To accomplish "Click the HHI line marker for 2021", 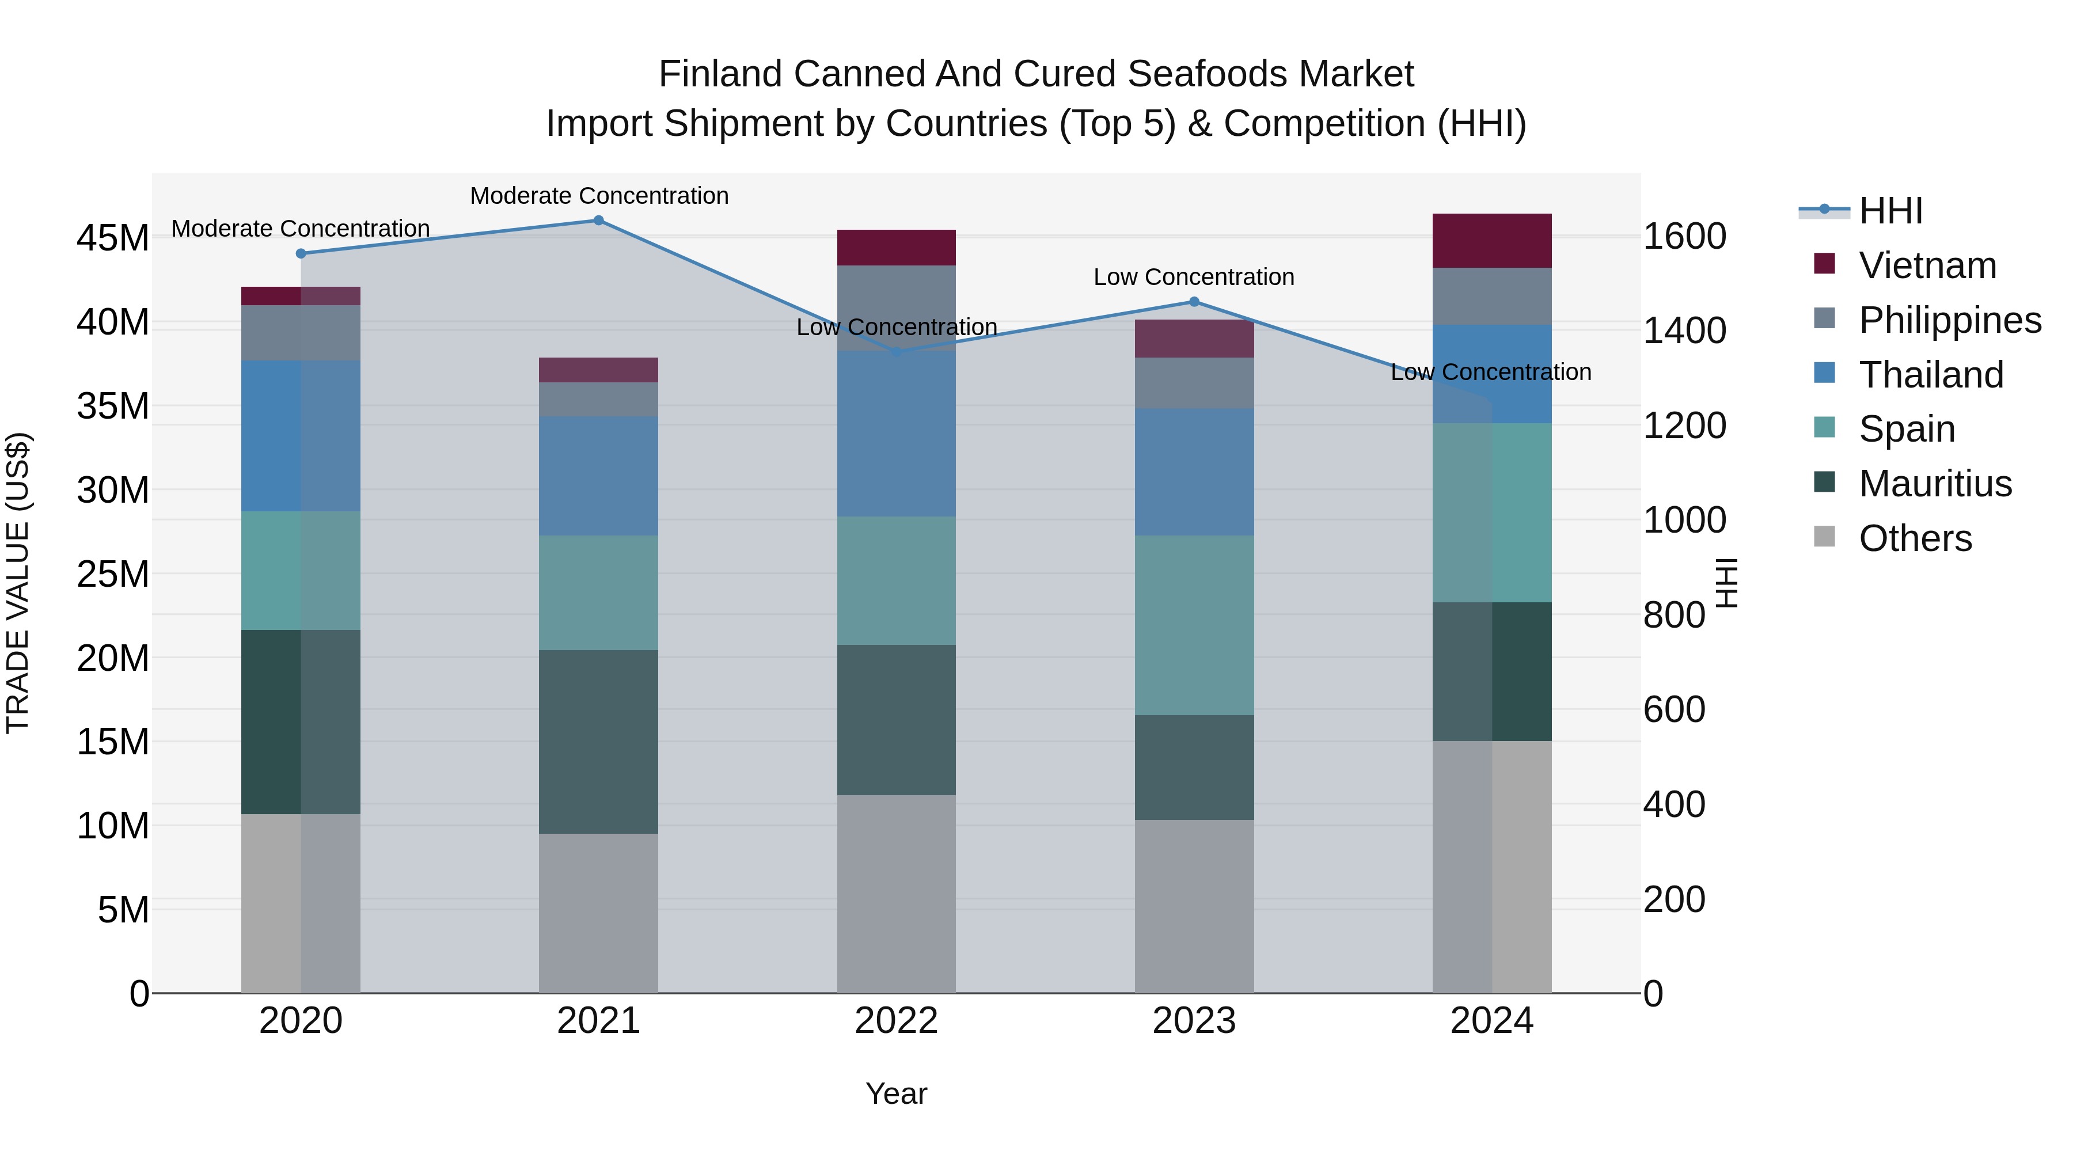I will pyautogui.click(x=599, y=221).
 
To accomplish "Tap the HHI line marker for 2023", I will pyautogui.click(x=1194, y=302).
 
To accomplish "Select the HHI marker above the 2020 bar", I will pyautogui.click(x=301, y=253).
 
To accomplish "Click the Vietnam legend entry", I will pyautogui.click(x=1927, y=265).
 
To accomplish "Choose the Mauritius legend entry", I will pyautogui.click(x=1935, y=484).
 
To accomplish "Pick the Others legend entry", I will pyautogui.click(x=1915, y=538).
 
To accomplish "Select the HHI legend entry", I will pyautogui.click(x=1890, y=211).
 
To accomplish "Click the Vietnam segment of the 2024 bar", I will pyautogui.click(x=1492, y=241).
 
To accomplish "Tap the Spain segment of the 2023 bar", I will pyautogui.click(x=1194, y=625).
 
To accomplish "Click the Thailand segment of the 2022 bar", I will pyautogui.click(x=897, y=434).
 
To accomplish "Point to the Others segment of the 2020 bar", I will pyautogui.click(x=301, y=903).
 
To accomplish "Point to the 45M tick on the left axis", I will pyautogui.click(x=113, y=238).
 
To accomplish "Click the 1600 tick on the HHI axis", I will pyautogui.click(x=1684, y=237).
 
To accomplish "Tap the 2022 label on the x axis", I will pyautogui.click(x=897, y=1021).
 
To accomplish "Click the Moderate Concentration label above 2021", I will pyautogui.click(x=599, y=196).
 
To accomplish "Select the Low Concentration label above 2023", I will pyautogui.click(x=1194, y=277).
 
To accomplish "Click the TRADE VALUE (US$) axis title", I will pyautogui.click(x=18, y=583).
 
